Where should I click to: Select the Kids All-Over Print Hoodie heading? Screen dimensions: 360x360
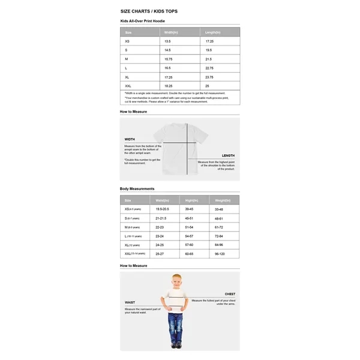(x=142, y=21)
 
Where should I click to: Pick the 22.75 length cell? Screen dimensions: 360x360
(x=209, y=68)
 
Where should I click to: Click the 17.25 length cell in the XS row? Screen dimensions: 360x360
(x=209, y=41)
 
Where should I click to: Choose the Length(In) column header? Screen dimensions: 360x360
(x=212, y=32)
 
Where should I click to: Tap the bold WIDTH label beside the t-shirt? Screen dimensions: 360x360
(x=130, y=139)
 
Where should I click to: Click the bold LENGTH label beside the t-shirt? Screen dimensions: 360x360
(x=228, y=155)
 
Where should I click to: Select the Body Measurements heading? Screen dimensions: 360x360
(x=137, y=188)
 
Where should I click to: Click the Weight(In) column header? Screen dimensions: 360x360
(x=223, y=200)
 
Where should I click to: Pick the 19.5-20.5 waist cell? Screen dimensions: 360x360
(x=162, y=209)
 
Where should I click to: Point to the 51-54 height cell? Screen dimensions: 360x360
(x=189, y=227)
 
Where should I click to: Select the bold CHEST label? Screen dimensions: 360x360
(x=230, y=294)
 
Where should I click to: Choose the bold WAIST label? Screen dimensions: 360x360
(x=130, y=302)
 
